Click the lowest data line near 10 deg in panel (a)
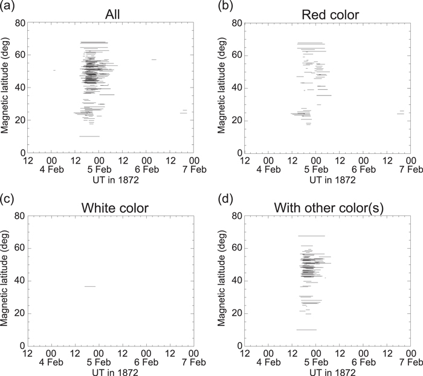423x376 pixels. [89, 136]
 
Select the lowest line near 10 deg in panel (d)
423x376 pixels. [306, 330]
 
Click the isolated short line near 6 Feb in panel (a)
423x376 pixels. [154, 59]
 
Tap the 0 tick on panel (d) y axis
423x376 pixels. [237, 346]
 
